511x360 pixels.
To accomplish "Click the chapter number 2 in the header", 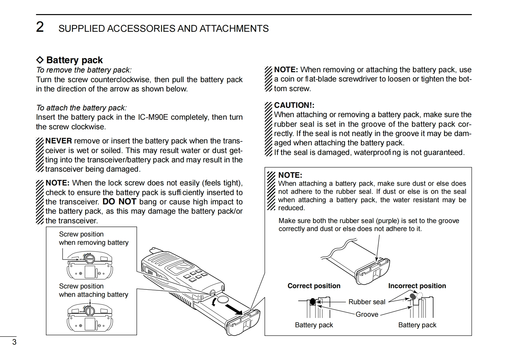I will [40, 27].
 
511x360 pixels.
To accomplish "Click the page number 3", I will [14, 342].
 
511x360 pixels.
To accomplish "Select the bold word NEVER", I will [59, 141].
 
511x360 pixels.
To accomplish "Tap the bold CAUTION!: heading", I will [294, 105].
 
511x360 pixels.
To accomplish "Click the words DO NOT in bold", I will [119, 202].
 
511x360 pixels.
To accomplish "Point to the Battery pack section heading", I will [74, 60].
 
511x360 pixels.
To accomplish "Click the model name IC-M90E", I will [153, 117].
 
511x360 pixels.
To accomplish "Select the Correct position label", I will [314, 286].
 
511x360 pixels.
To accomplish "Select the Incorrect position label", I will [417, 286].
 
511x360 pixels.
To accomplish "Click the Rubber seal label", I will [367, 302].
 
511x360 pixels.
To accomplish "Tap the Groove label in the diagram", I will [367, 314].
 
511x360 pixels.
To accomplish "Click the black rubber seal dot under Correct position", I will [313, 302].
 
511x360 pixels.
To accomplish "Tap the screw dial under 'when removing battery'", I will [90, 258].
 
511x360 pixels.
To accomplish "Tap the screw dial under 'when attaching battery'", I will [90, 311].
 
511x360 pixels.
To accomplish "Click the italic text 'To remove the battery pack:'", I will [84, 70].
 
